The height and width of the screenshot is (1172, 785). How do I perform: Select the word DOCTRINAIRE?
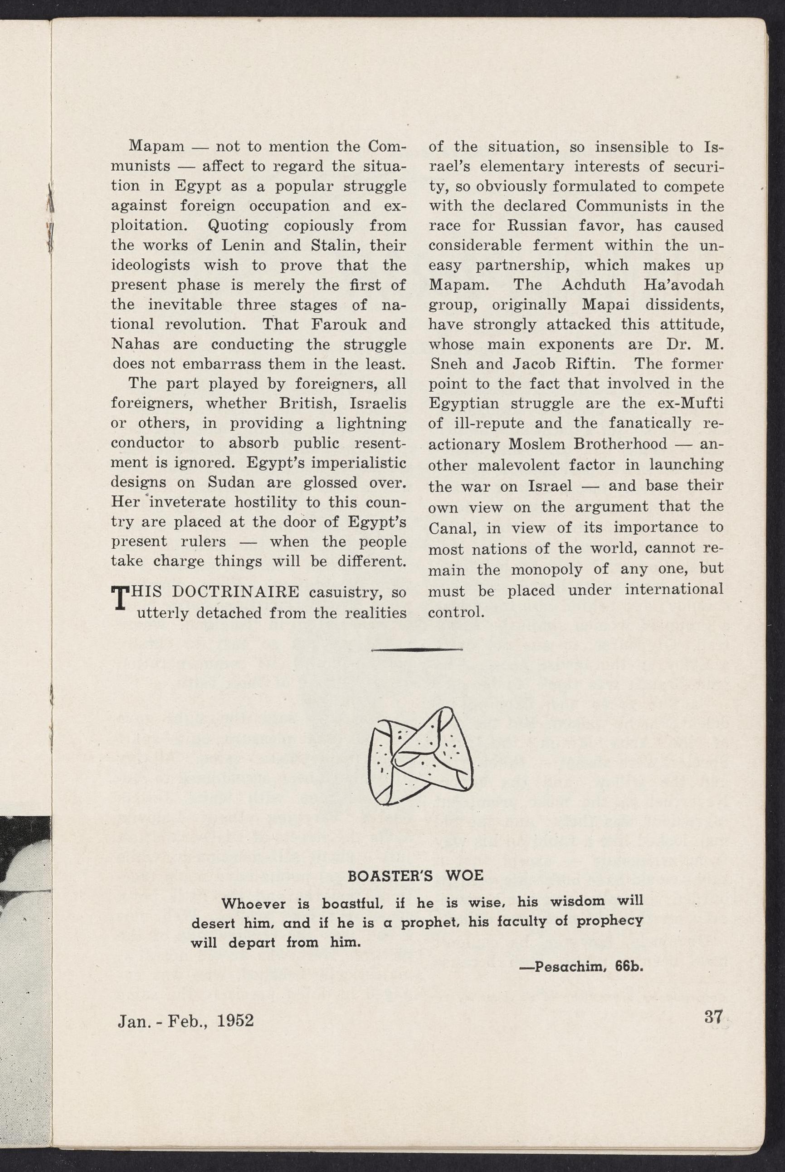[235, 592]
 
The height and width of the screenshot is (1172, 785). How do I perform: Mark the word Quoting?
[238, 226]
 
